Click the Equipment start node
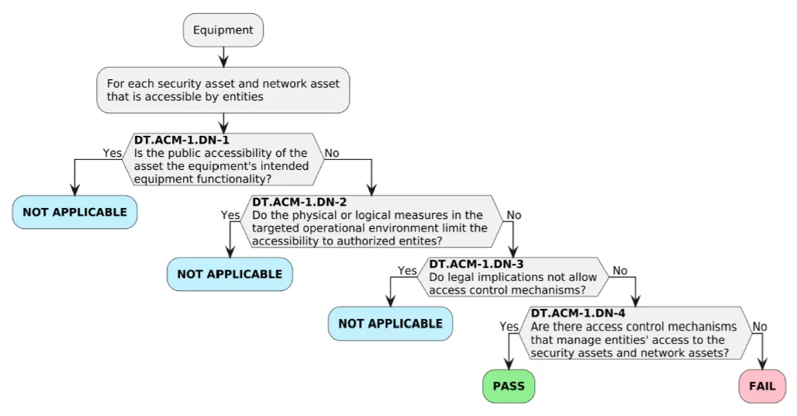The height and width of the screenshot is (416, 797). [223, 30]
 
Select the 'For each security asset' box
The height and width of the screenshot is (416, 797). [223, 90]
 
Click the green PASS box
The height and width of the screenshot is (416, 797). [509, 386]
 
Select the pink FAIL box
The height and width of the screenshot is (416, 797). [762, 386]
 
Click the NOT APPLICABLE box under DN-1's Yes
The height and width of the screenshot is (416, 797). [74, 212]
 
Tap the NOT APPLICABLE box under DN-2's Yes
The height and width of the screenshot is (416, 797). [229, 274]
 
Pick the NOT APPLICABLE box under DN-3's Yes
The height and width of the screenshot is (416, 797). [390, 323]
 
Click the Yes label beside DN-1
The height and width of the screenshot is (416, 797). [112, 153]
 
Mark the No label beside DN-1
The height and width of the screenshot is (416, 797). [332, 153]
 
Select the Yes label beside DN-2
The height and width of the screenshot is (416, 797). [230, 215]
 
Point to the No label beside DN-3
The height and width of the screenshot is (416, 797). [620, 271]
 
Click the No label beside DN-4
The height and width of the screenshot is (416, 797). [760, 327]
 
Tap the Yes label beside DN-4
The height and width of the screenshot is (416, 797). [509, 327]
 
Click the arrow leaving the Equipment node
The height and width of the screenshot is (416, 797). [223, 55]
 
